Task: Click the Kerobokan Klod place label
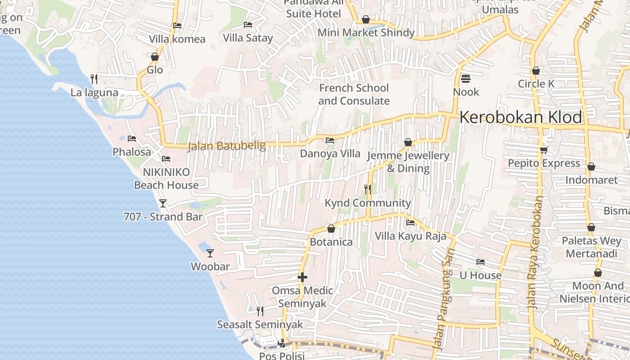click(x=521, y=117)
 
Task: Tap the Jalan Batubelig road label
click(x=226, y=146)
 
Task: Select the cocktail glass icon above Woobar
click(x=210, y=253)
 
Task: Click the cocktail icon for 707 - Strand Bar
click(x=163, y=203)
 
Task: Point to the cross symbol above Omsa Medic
click(x=302, y=277)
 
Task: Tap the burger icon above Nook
click(x=466, y=79)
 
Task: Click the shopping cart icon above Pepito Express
click(x=544, y=150)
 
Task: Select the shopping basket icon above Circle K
click(x=535, y=71)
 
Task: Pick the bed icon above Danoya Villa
click(x=330, y=140)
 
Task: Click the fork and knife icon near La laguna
click(x=94, y=79)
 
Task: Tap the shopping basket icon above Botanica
click(x=331, y=229)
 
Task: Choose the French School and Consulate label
click(x=354, y=94)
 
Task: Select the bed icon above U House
click(x=481, y=262)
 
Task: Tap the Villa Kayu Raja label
click(x=410, y=236)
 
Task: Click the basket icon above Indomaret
click(x=591, y=167)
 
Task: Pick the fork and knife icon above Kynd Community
click(x=368, y=189)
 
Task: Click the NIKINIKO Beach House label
click(x=166, y=179)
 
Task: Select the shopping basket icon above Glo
click(x=155, y=57)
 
